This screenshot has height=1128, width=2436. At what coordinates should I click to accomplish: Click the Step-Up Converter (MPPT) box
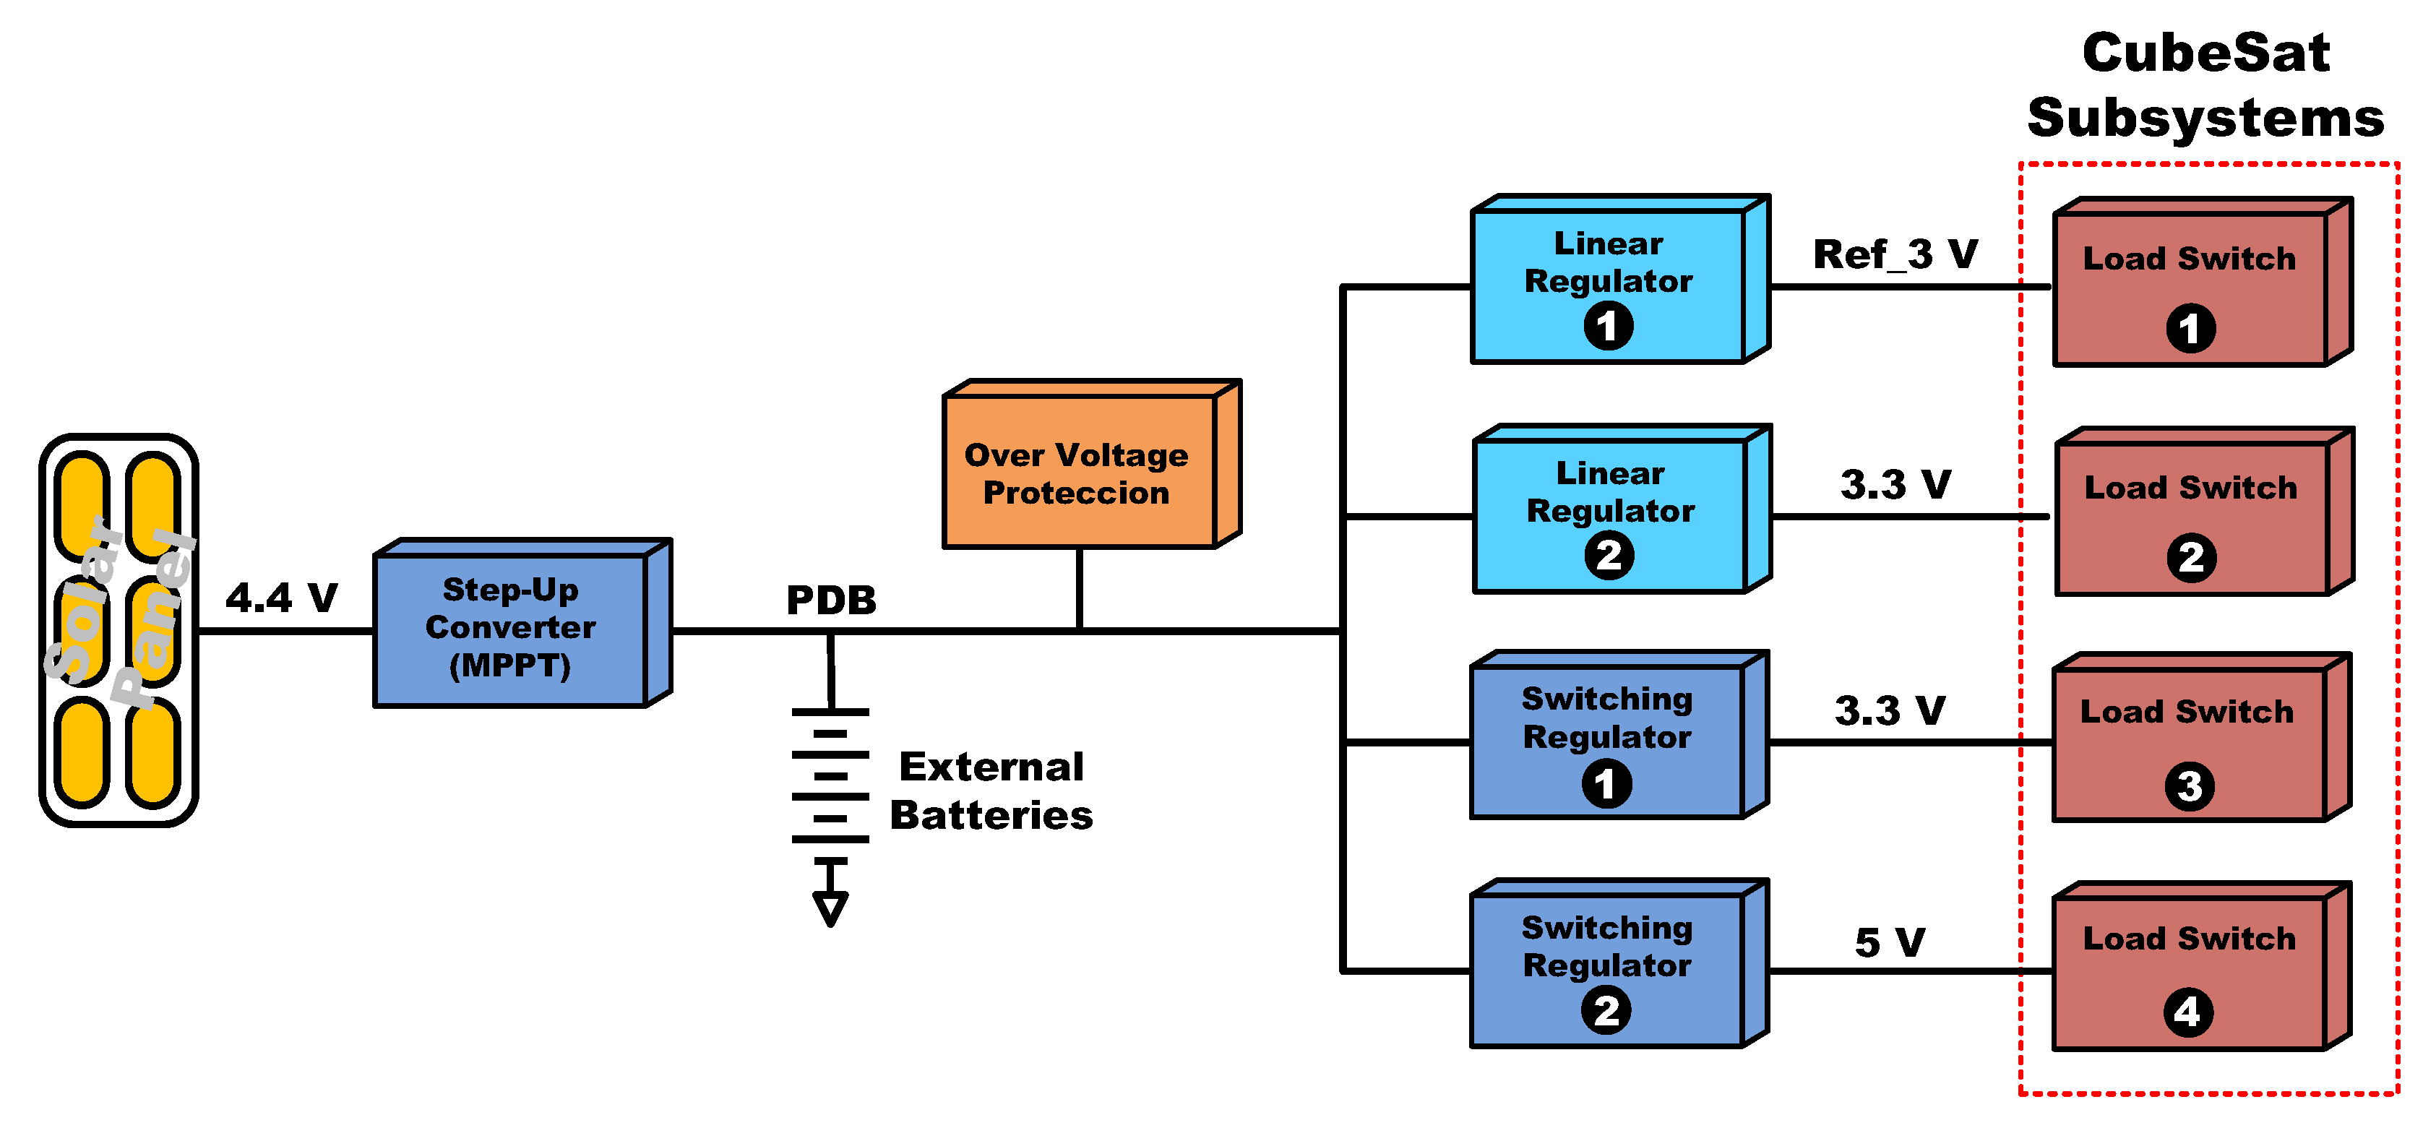point(511,628)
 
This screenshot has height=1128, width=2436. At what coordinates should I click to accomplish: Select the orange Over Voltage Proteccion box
point(1078,473)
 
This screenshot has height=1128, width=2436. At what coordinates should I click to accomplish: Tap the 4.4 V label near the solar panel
point(282,598)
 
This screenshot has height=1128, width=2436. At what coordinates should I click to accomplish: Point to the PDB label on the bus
point(831,600)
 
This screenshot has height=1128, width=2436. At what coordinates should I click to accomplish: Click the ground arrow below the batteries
point(830,908)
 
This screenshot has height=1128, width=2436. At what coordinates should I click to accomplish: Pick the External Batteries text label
point(991,791)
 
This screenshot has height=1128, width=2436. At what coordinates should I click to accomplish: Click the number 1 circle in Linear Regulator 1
point(1608,326)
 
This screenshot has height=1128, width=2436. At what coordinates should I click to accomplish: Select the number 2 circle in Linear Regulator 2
point(1609,555)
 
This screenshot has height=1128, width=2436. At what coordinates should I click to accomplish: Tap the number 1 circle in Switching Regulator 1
point(1606,784)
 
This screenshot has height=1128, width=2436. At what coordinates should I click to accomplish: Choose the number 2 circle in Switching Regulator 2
point(1606,1011)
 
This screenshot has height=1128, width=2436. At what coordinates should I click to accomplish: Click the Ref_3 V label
point(1895,254)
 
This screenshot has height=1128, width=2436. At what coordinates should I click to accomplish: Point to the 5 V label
point(1890,942)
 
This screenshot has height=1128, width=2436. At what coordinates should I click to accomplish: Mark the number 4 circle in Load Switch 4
point(2187,1012)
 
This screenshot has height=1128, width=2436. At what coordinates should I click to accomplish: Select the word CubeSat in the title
point(2205,53)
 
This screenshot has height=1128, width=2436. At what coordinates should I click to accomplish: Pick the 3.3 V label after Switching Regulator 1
point(1890,711)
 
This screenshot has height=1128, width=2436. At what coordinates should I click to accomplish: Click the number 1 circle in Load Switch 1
point(2190,329)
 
